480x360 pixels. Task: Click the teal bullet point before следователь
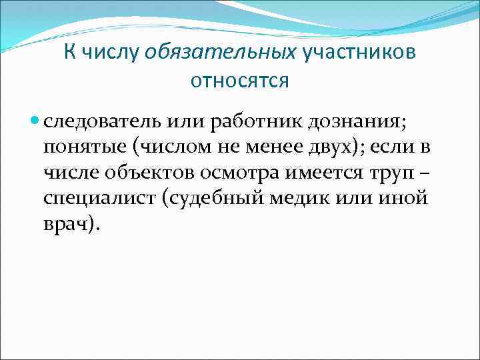[35, 122]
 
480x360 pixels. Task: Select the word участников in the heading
[359, 52]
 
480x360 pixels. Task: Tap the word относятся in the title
[240, 81]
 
